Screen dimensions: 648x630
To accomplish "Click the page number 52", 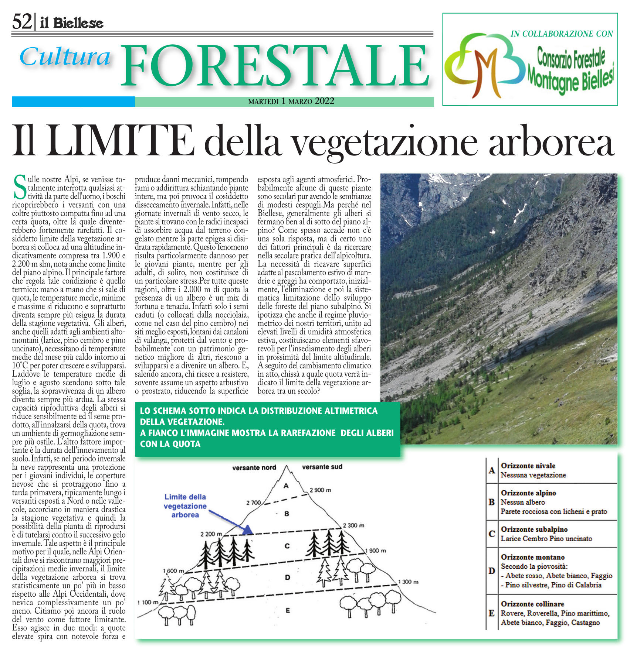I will click(x=22, y=22).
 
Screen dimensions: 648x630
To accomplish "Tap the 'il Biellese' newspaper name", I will click(x=72, y=23).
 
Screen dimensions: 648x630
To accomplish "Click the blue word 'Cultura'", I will click(x=65, y=57).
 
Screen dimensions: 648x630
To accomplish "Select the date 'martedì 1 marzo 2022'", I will click(x=291, y=102).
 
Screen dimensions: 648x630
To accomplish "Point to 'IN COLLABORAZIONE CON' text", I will click(x=562, y=34).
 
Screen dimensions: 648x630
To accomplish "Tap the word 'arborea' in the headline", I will click(x=551, y=143).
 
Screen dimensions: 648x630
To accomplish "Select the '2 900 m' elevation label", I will click(x=320, y=490).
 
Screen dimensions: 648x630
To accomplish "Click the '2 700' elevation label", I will click(x=253, y=503).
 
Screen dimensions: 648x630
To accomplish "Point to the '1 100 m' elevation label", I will click(x=148, y=602).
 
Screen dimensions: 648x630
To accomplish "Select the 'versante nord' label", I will click(x=254, y=468).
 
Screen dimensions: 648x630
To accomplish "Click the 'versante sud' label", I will click(x=322, y=467).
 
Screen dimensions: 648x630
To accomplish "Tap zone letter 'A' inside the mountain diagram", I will click(x=286, y=486).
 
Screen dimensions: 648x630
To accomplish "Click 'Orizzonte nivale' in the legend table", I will click(x=528, y=466).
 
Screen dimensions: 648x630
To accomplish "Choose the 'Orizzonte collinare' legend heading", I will click(x=532, y=604).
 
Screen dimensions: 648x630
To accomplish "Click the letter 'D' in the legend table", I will click(x=491, y=571).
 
